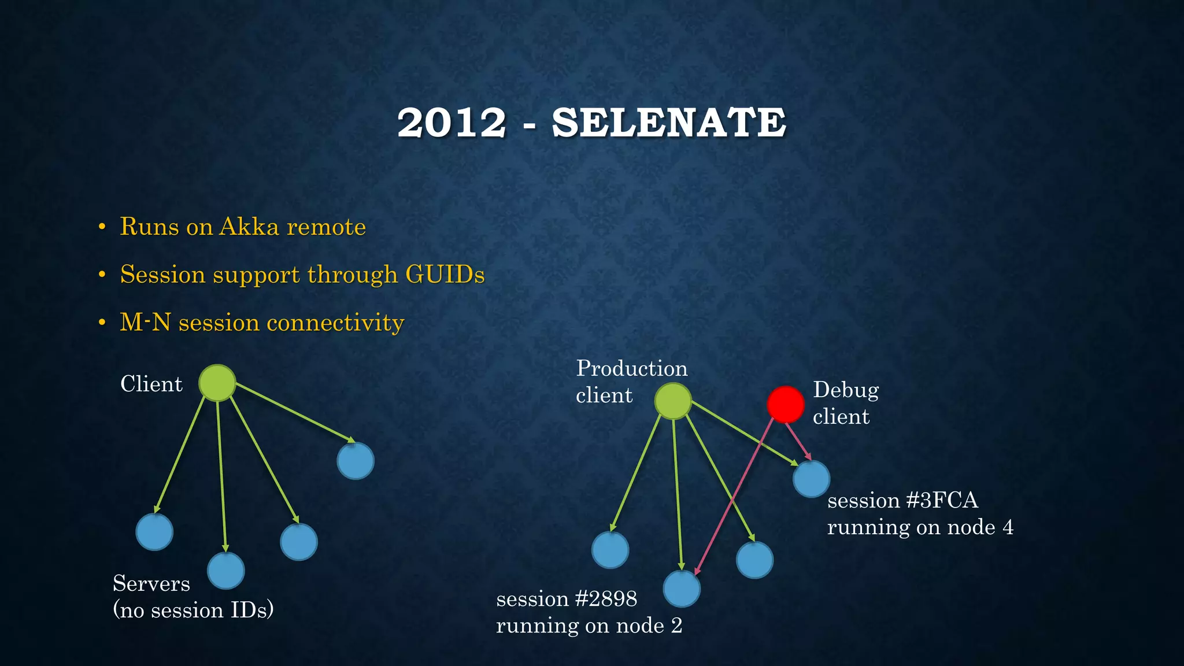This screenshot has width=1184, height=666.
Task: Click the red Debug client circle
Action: [x=785, y=405]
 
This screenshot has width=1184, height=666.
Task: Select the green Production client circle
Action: [x=673, y=401]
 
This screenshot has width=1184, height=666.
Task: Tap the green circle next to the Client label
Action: [x=217, y=383]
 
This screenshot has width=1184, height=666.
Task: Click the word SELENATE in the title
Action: [x=669, y=123]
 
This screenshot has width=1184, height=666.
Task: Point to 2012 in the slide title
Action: [x=452, y=123]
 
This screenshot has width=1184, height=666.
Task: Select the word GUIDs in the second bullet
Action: [x=445, y=274]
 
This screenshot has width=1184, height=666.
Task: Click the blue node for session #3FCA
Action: [x=811, y=479]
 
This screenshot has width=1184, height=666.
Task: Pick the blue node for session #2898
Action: [x=682, y=589]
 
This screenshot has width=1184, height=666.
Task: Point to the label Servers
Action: [x=151, y=583]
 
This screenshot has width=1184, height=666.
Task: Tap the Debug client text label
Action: [x=845, y=403]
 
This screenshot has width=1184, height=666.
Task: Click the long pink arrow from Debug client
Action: [x=734, y=497]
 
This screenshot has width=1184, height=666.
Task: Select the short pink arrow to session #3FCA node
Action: [x=798, y=441]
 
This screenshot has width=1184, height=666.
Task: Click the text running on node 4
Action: [x=920, y=527]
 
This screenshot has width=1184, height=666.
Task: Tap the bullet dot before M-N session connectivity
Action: [x=102, y=323]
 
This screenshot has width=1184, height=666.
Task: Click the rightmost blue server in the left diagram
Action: [x=356, y=461]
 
